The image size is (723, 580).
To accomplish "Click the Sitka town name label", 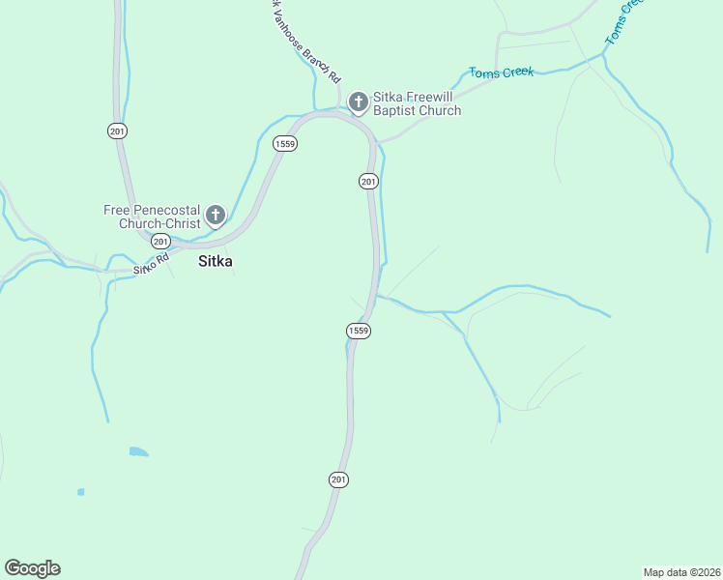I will tap(215, 261).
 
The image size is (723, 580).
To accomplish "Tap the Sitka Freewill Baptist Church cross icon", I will tap(357, 101).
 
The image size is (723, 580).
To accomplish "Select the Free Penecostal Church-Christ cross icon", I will tap(215, 216).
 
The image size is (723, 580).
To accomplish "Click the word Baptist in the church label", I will tap(395, 110).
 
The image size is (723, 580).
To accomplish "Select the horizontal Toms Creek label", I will tap(501, 72).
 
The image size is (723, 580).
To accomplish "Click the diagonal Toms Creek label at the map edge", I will tap(623, 21).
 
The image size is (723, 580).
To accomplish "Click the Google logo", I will tap(32, 568).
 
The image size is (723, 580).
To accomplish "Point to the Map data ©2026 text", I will tap(681, 571).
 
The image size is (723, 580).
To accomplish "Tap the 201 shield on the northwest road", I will tap(118, 130).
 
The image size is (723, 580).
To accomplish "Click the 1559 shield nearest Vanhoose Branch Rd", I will tap(284, 144).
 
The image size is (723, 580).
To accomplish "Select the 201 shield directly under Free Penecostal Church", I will tap(160, 241).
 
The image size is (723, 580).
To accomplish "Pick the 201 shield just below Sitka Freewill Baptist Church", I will tap(367, 181).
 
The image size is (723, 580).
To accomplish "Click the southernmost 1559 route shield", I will tap(358, 331).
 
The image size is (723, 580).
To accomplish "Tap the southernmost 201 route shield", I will tap(337, 479).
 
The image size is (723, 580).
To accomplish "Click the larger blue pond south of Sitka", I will tap(138, 451).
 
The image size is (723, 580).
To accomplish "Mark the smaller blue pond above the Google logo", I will tap(80, 492).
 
